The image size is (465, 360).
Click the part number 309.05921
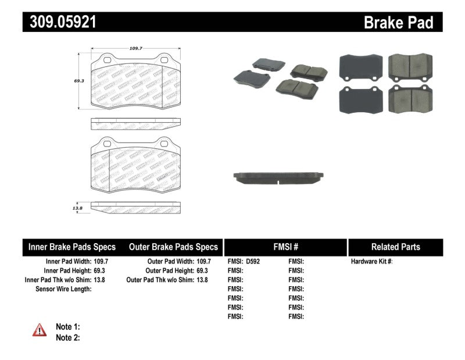coord(59,22)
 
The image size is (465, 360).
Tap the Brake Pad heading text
coord(398,22)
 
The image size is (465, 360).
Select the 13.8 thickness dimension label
coord(77,206)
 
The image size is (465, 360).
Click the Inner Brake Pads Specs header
coord(72,247)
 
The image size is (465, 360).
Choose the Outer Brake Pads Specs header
coord(173,247)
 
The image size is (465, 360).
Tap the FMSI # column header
coord(285,247)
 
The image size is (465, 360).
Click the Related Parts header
coord(395,247)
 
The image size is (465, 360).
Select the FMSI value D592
coord(253,262)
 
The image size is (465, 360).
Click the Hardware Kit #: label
coord(372,262)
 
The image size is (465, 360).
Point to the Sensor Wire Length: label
coord(63,289)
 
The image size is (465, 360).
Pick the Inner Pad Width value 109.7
coord(101,262)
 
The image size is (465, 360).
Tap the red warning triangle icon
coord(40,330)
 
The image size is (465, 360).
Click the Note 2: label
coord(67,337)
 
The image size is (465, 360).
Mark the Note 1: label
coord(67,326)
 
